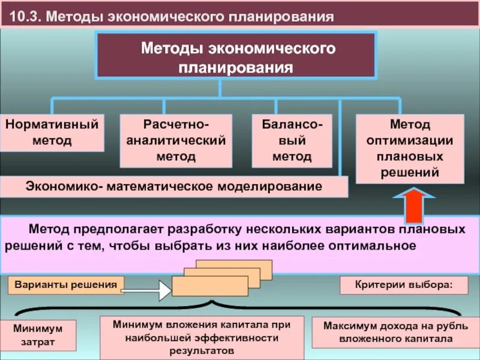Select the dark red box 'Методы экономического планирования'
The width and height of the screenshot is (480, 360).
[236, 56]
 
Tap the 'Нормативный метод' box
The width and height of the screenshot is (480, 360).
[52, 133]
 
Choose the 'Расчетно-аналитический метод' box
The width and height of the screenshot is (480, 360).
[176, 140]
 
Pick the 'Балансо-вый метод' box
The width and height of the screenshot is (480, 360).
[292, 140]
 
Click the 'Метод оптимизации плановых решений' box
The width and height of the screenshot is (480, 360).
[410, 148]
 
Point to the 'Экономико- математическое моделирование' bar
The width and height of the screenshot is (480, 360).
[174, 187]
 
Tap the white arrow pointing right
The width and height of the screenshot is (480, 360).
[146, 291]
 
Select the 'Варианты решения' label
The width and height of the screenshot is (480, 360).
[66, 284]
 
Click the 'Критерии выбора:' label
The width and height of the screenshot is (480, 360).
[403, 284]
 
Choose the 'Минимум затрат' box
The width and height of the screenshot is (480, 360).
[38, 335]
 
